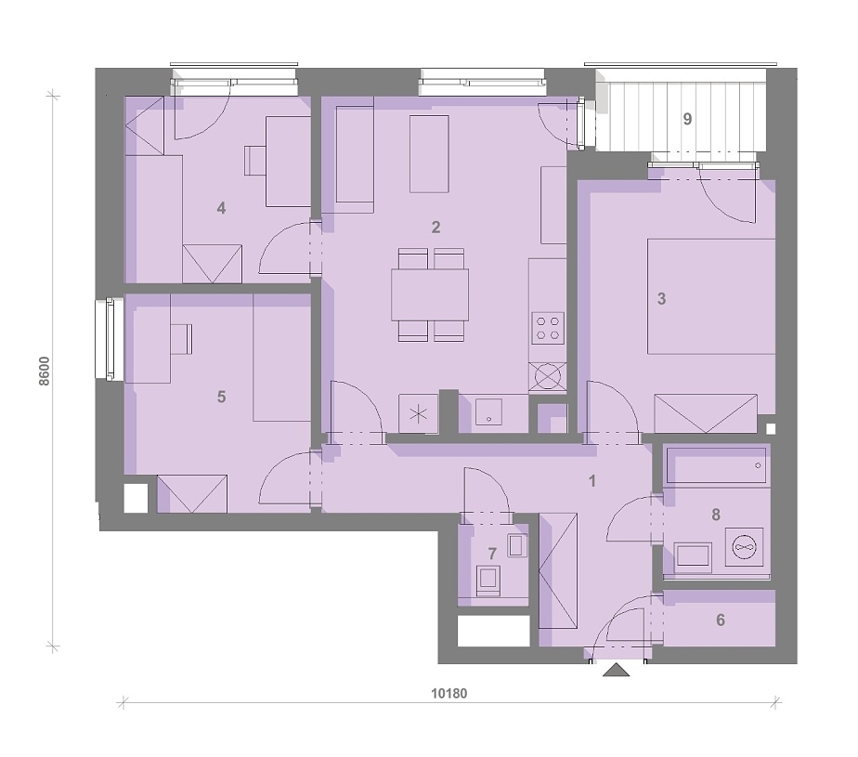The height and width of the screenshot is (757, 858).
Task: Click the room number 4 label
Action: (221, 208)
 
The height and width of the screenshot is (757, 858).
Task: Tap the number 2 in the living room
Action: (435, 228)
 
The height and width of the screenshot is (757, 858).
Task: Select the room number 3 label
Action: (661, 299)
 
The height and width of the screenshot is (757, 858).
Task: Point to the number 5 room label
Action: (221, 397)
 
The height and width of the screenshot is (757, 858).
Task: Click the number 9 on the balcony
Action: (687, 119)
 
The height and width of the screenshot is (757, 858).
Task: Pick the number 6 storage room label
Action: (721, 620)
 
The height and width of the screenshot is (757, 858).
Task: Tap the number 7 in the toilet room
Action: (492, 554)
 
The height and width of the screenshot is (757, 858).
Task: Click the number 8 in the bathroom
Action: (716, 515)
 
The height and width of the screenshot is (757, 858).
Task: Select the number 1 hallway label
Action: (591, 481)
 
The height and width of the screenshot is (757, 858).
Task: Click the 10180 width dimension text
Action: (449, 694)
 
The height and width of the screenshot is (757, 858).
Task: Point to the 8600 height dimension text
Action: (45, 372)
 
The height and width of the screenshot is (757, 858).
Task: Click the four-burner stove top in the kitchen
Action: (548, 328)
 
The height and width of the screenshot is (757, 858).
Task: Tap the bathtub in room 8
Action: (716, 465)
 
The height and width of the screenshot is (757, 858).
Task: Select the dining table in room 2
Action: (430, 294)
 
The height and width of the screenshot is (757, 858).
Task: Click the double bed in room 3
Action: (711, 296)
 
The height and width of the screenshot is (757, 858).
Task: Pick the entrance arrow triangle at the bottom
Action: (617, 670)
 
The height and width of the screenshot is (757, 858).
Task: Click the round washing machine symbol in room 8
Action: (744, 547)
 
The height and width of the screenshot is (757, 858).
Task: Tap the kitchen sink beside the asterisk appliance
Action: (488, 412)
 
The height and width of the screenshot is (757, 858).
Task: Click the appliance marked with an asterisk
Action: (419, 414)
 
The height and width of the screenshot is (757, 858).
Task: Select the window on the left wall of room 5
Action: (110, 339)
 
